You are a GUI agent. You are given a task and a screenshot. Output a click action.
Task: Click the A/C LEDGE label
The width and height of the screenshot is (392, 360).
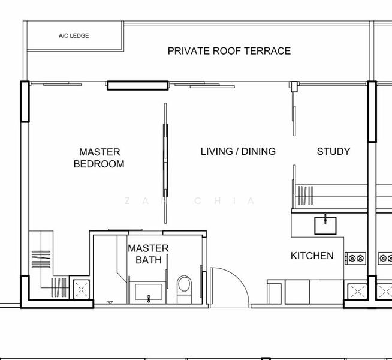pos(74,36)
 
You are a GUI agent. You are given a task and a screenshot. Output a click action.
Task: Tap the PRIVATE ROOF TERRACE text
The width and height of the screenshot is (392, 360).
pos(229,51)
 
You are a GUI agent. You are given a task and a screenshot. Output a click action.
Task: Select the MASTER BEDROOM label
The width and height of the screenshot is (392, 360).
pos(99,158)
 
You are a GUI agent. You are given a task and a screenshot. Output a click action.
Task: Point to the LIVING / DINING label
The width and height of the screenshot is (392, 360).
pos(238,151)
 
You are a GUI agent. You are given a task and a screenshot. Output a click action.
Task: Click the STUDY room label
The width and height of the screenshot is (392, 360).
pos(333,151)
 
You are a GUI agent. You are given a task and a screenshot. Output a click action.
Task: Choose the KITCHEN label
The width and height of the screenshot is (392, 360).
pos(312,256)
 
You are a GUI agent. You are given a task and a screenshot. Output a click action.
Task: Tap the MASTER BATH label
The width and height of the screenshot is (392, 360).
pos(148,254)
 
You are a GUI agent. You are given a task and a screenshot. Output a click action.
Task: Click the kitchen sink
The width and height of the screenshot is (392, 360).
pos(325,225)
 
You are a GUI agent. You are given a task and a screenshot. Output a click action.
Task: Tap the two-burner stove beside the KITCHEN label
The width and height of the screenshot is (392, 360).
pos(356,258)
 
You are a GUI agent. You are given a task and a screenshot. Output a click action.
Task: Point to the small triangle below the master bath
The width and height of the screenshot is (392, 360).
pos(109,302)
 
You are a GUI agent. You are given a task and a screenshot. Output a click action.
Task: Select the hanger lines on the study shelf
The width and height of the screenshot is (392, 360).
pos(305,196)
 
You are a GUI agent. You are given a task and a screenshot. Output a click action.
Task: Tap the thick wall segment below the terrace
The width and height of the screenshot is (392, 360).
pos(137,85)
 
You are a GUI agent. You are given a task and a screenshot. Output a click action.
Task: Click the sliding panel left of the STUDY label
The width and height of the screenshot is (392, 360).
pos(294,114)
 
